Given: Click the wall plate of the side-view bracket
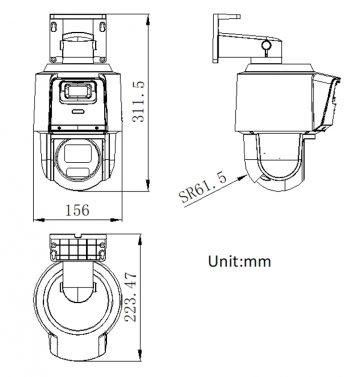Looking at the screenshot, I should click(221, 34).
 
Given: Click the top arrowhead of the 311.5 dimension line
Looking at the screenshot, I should click(138, 14).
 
